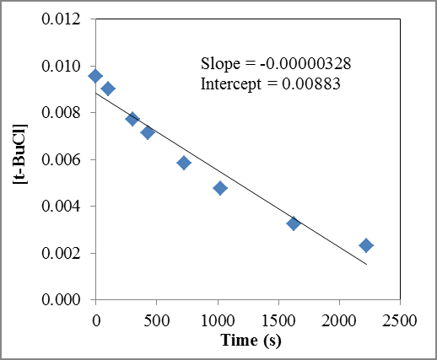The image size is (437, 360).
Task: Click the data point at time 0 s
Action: tap(95, 76)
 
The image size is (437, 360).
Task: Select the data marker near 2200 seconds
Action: tap(365, 245)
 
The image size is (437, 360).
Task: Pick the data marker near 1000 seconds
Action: tap(220, 188)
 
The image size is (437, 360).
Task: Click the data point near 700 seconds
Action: tap(184, 163)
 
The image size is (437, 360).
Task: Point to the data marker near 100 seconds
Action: tap(108, 89)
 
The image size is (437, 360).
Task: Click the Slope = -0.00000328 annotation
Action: tap(275, 64)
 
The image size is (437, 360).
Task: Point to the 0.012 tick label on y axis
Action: tap(62, 19)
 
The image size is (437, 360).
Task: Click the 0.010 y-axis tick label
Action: tap(62, 66)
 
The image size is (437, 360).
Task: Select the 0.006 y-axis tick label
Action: tap(62, 159)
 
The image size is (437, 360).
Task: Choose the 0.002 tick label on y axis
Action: tap(62, 253)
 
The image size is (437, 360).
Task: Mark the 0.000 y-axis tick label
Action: tap(62, 299)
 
